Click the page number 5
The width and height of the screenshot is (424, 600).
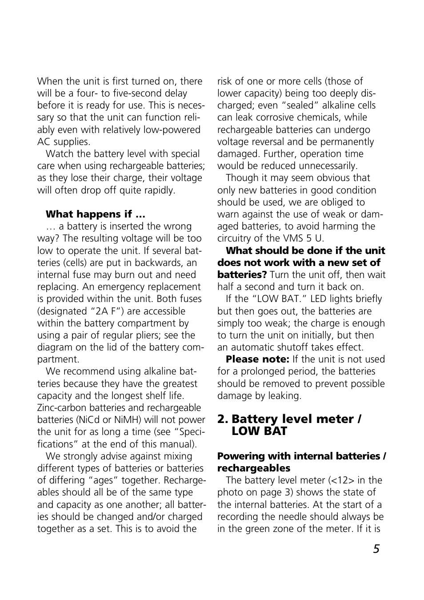(x=376, y=549)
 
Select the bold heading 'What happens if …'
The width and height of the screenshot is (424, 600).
(x=95, y=214)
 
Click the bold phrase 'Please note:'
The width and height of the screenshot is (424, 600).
(x=257, y=359)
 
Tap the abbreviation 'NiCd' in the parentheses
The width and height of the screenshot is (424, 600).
(x=89, y=420)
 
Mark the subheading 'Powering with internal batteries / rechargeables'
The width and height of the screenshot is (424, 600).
(x=301, y=462)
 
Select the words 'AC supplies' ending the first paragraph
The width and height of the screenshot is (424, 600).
(x=63, y=142)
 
